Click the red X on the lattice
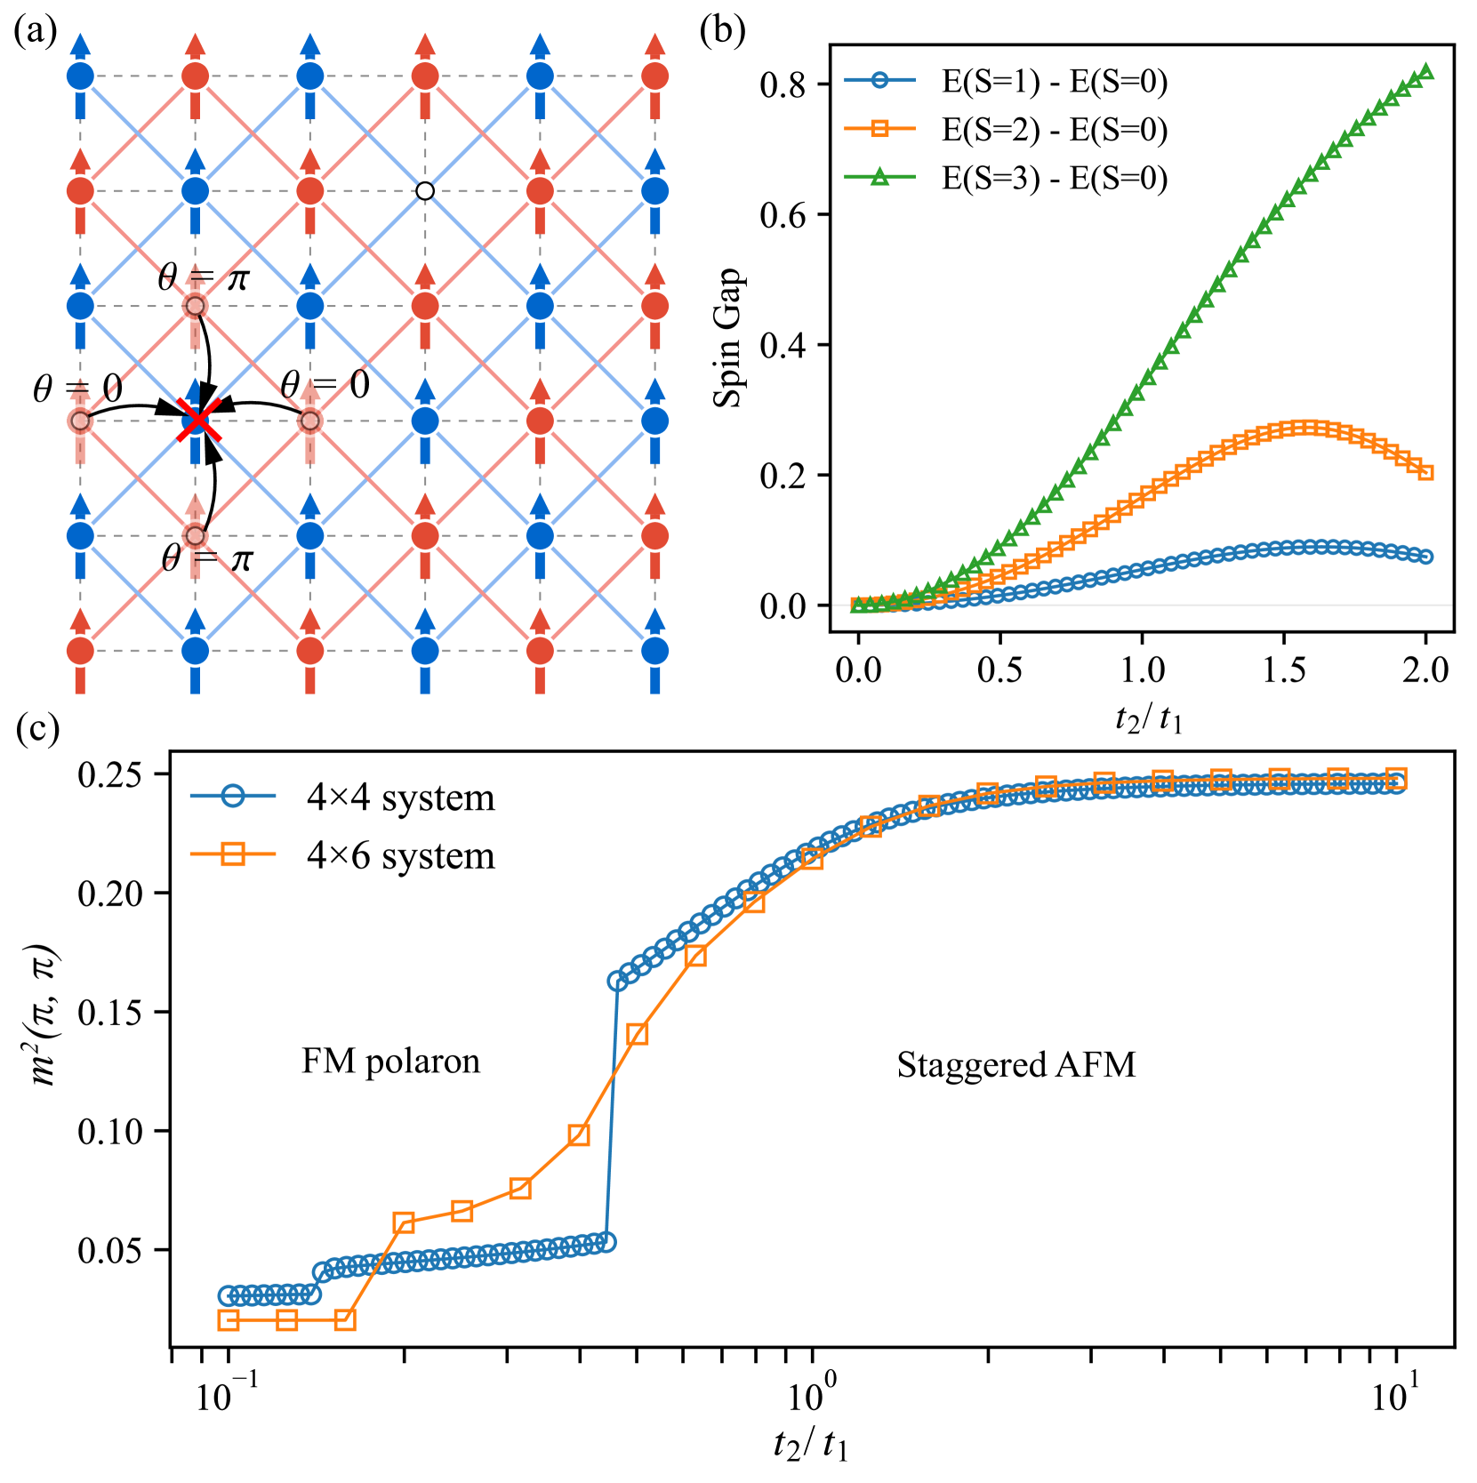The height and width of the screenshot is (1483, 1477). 197,421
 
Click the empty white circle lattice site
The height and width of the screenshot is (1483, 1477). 425,191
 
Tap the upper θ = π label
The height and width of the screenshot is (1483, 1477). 204,277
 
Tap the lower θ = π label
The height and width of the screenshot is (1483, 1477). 207,558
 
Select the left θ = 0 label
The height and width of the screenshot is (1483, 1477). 77,389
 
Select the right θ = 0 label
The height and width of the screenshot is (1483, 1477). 325,385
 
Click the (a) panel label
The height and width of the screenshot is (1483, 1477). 35,31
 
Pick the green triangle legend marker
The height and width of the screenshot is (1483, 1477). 879,177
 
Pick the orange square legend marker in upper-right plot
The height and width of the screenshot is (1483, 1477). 879,129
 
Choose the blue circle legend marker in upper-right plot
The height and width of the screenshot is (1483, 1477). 879,80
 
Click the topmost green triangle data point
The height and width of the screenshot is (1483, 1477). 1426,72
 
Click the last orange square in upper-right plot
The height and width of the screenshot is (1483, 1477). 1426,472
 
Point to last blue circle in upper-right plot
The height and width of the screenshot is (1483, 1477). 1426,557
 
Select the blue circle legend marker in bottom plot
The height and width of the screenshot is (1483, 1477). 232,796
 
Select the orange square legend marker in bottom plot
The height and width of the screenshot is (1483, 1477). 232,854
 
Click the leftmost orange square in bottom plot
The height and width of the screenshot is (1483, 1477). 229,1320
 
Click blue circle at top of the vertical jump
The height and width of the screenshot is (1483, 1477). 617,982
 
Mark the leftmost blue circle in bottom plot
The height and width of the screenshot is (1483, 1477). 228,1295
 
